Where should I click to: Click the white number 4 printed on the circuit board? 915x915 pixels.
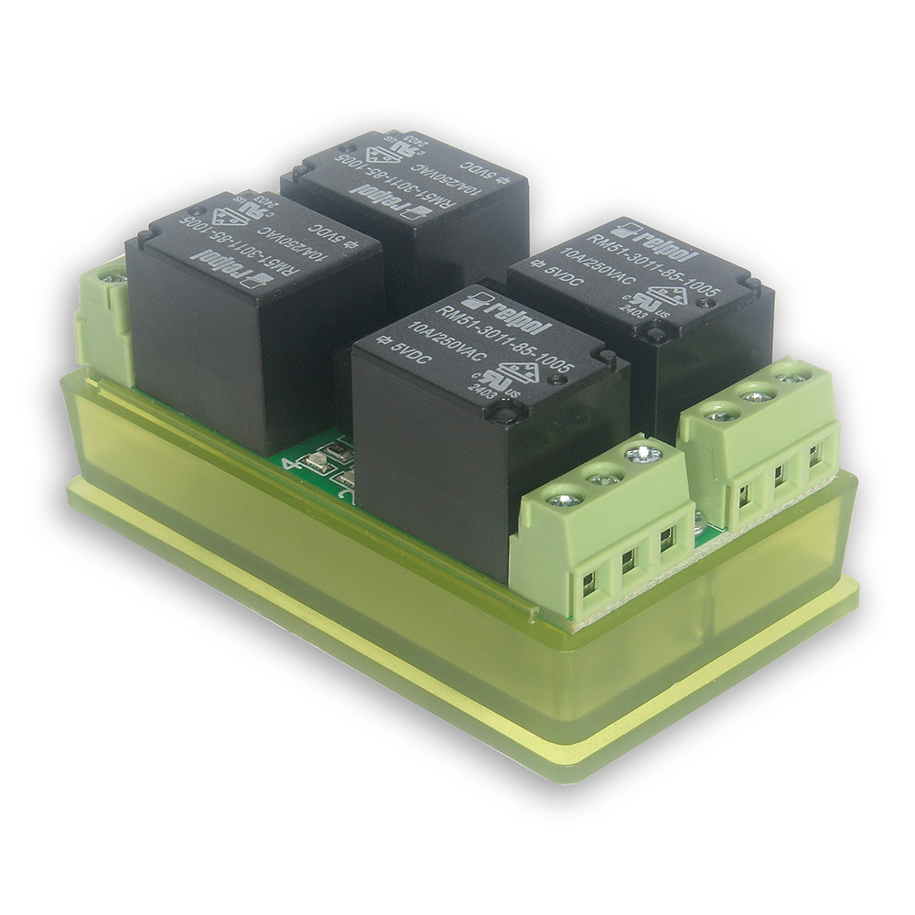pyautogui.click(x=292, y=462)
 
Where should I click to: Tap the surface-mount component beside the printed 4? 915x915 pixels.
pyautogui.click(x=316, y=462)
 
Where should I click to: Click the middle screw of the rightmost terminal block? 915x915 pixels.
pyautogui.click(x=758, y=396)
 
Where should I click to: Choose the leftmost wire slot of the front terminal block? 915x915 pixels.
pyautogui.click(x=589, y=580)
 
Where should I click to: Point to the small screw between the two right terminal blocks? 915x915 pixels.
pyautogui.click(x=699, y=522)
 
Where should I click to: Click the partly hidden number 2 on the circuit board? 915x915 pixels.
pyautogui.click(x=345, y=495)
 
